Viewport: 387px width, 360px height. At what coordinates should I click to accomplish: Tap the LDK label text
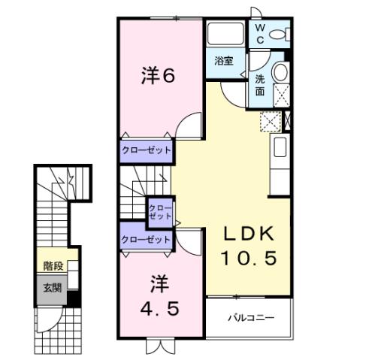[249, 233]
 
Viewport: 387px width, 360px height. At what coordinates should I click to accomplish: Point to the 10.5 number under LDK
[249, 258]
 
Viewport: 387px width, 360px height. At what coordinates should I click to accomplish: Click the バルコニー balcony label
[251, 318]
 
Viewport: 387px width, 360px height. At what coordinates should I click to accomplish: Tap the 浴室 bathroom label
[223, 61]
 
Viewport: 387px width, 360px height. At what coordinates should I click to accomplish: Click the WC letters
[259, 33]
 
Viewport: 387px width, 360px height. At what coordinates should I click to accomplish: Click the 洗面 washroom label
[259, 84]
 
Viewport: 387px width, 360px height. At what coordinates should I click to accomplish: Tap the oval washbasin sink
[280, 73]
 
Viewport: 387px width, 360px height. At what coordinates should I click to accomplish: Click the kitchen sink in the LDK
[280, 147]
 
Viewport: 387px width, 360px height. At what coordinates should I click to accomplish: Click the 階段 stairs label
[53, 265]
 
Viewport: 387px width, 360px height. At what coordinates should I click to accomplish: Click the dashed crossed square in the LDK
[269, 121]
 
